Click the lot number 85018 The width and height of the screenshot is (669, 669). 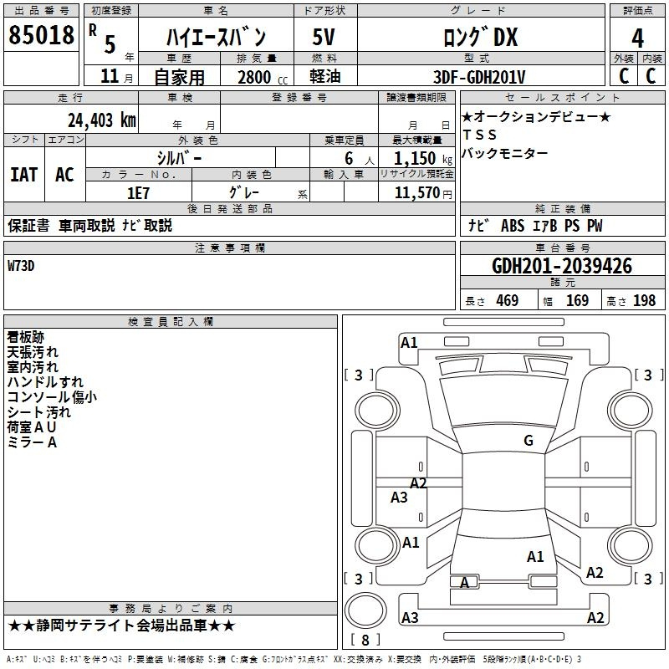(x=41, y=35)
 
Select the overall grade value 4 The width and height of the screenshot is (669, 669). (x=637, y=38)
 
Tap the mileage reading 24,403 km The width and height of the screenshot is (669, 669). (x=102, y=120)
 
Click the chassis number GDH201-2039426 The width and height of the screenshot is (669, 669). (x=562, y=266)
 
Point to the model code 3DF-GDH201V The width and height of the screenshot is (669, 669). (x=479, y=77)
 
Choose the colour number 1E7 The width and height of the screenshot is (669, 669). (x=138, y=193)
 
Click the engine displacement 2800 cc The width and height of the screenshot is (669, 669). (x=263, y=77)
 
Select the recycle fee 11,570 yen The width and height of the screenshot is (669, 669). (x=423, y=193)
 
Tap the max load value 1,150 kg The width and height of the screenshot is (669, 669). (x=423, y=159)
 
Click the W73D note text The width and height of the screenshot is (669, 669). (x=21, y=266)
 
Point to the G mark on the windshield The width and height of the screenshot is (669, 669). (x=529, y=441)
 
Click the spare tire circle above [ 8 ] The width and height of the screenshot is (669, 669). (x=365, y=610)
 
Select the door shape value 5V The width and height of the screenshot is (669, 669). (x=324, y=37)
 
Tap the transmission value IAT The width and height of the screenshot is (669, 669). (x=24, y=175)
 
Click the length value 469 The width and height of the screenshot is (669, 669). (x=508, y=301)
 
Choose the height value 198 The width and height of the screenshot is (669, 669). (x=644, y=301)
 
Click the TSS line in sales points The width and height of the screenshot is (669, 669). (x=479, y=135)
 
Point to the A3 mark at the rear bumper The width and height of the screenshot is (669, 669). (x=410, y=617)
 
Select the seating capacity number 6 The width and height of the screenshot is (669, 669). (x=349, y=159)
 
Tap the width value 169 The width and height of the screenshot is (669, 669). (x=577, y=301)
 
